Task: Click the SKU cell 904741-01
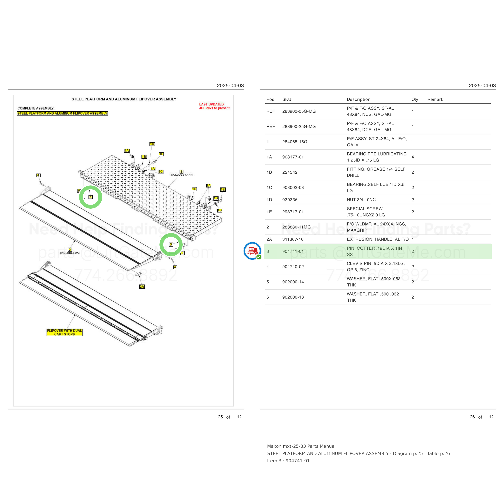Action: (x=293, y=251)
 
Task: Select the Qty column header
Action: (x=414, y=99)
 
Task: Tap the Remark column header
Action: (x=435, y=99)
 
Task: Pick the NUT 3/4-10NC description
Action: (x=361, y=200)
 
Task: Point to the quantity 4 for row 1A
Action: (x=413, y=157)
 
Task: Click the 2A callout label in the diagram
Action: (x=142, y=286)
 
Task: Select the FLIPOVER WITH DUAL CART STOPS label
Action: (x=65, y=332)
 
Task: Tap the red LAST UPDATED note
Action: (x=214, y=106)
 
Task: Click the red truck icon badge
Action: (x=252, y=251)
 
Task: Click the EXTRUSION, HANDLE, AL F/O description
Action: (x=377, y=240)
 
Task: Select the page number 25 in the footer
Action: (x=220, y=417)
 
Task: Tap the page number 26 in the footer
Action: (x=472, y=417)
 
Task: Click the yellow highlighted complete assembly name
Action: (x=62, y=114)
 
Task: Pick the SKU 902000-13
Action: (x=293, y=297)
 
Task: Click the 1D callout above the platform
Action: (x=152, y=144)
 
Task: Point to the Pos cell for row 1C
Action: (x=269, y=187)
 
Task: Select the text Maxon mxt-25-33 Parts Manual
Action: (x=301, y=446)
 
